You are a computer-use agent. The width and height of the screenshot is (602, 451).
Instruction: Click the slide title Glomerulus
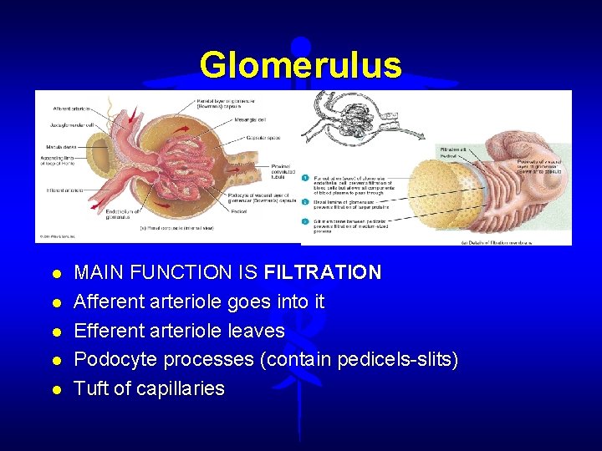click(x=300, y=64)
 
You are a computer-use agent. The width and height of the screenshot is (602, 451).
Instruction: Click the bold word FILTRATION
click(x=323, y=272)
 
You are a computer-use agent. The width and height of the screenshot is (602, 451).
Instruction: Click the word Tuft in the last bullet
click(x=89, y=389)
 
